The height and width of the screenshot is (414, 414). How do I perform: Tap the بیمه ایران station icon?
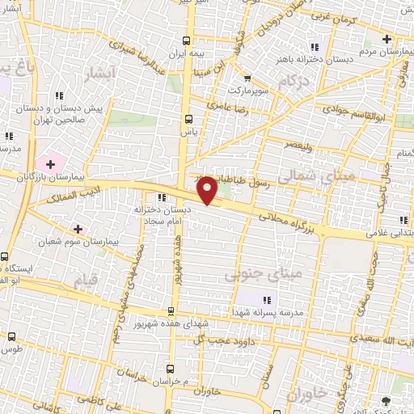[187, 40]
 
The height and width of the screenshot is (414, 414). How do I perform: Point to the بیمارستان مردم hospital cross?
[387, 40]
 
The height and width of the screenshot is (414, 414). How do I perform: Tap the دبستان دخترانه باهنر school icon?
[314, 46]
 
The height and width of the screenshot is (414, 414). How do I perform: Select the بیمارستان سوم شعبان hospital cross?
[78, 229]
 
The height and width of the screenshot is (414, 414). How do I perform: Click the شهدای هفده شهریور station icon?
[171, 311]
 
